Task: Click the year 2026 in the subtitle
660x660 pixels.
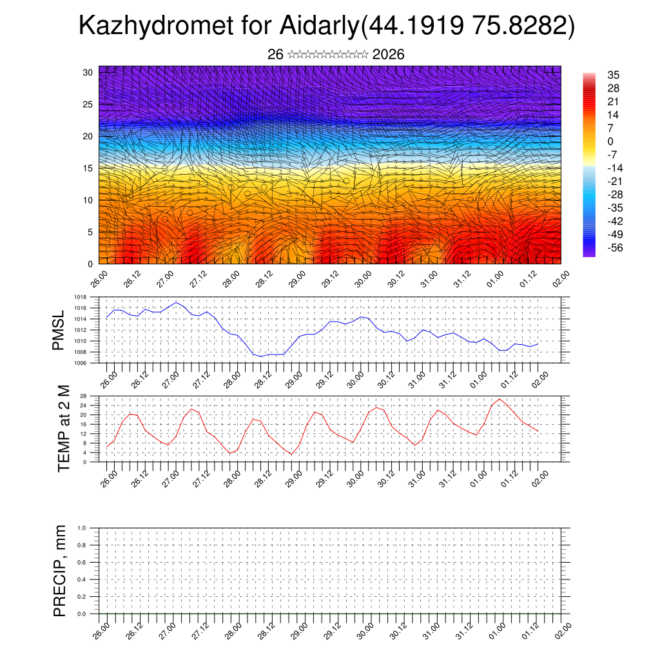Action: (x=388, y=55)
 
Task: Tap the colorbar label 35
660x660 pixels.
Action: (x=614, y=75)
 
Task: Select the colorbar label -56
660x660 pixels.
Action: (x=615, y=247)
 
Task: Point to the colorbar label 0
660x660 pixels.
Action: (x=610, y=141)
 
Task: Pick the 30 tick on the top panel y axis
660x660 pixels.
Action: (x=88, y=72)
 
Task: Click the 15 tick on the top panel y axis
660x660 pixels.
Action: (x=88, y=168)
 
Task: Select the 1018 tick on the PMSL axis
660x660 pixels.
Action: (x=81, y=298)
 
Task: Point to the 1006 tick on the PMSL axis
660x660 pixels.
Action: (x=81, y=363)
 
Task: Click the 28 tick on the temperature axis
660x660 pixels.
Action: (x=83, y=396)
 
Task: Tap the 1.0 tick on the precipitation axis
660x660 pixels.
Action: (x=82, y=528)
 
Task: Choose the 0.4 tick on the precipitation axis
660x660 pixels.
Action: (x=82, y=579)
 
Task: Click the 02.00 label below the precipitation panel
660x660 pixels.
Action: (x=563, y=628)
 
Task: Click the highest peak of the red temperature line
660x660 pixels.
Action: (x=499, y=399)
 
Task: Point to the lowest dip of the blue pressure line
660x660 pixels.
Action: (x=262, y=356)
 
